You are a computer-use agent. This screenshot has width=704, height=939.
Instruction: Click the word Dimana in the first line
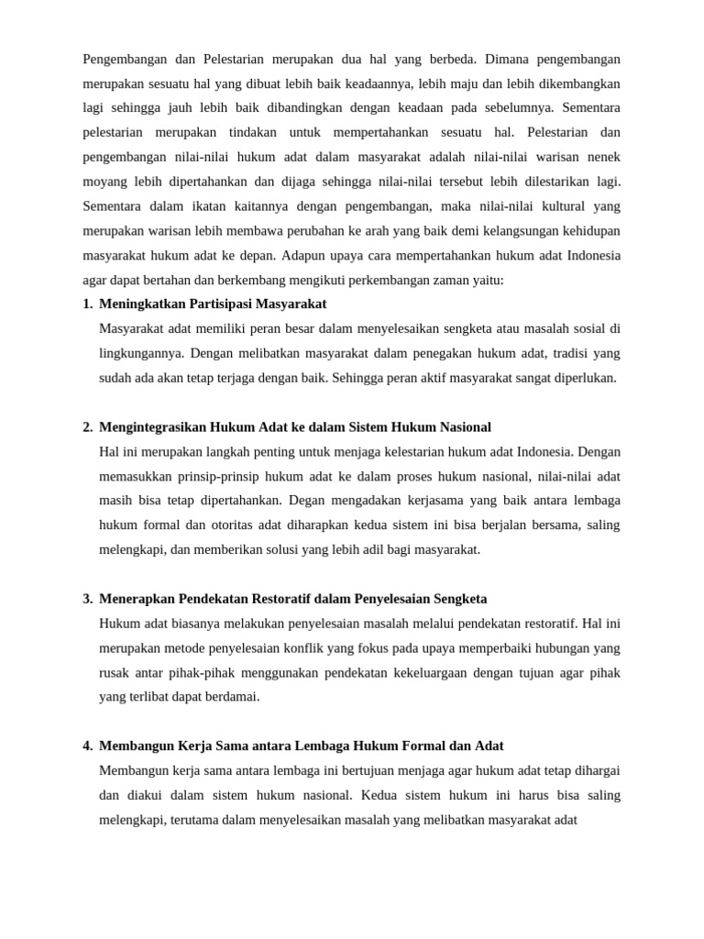(508, 60)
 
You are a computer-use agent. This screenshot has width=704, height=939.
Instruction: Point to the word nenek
(603, 157)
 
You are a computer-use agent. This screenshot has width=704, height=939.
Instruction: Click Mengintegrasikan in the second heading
(152, 427)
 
